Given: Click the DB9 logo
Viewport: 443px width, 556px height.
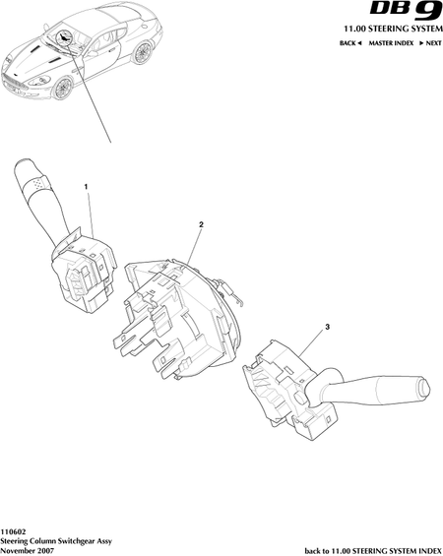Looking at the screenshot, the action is [406, 11].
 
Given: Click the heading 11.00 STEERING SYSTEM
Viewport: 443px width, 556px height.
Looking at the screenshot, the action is [393, 29].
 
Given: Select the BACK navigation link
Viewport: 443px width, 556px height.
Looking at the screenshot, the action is [350, 43].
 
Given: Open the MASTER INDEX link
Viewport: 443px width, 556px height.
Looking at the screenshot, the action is [391, 43].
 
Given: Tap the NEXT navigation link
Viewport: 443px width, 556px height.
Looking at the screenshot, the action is [430, 43].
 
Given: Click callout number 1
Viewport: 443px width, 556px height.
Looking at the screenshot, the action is [86, 187].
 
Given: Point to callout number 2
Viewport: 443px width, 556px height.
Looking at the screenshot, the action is [201, 224].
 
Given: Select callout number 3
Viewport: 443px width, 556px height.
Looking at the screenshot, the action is [328, 327].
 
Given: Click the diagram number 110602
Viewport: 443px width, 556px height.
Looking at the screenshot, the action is [13, 532].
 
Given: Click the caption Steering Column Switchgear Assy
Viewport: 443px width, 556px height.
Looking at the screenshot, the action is [56, 541].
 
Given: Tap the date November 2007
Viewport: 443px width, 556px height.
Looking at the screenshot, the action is [28, 551].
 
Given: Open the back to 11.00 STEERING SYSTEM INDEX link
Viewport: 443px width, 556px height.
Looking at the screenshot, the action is [373, 551].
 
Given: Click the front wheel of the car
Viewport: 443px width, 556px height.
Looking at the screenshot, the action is [62, 89].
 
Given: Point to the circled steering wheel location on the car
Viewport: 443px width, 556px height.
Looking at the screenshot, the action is [64, 37].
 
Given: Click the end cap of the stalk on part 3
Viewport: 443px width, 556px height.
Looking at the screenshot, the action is [423, 389].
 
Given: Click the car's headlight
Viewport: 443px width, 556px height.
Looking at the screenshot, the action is [38, 81].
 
